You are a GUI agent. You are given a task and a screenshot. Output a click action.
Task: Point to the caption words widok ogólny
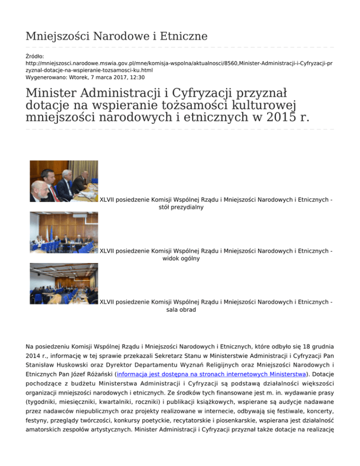[x=181, y=258]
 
